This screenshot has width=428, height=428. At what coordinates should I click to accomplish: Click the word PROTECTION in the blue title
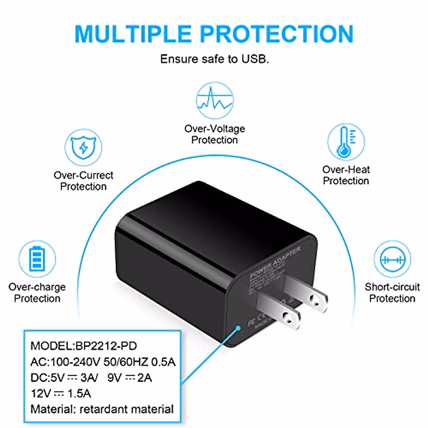277,34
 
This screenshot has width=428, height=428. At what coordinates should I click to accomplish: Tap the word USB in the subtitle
254,59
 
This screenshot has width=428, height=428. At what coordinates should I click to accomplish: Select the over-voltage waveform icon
215,100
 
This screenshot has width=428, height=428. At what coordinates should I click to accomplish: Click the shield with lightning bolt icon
83,147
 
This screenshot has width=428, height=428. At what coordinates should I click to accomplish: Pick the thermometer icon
346,142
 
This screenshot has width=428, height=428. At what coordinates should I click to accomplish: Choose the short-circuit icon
392,259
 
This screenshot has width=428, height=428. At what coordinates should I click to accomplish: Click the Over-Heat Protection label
346,175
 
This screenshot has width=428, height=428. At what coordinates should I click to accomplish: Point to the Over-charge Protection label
37,292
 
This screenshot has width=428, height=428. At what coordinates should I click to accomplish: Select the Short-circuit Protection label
392,292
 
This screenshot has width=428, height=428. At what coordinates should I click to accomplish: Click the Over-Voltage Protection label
215,134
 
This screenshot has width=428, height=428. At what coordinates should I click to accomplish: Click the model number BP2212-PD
106,346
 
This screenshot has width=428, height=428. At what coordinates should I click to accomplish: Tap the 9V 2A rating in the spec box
129,378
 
